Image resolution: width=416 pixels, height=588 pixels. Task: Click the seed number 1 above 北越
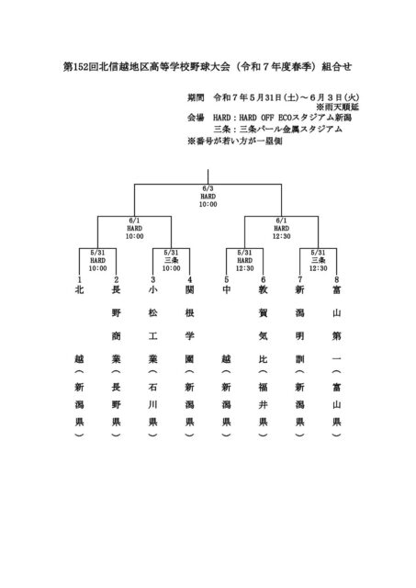click(79, 279)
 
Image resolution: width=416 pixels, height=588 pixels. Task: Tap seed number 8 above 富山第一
click(336, 279)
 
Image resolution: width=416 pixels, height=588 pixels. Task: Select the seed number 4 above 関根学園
click(190, 279)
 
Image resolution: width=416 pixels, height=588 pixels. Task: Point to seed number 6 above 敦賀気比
click(263, 279)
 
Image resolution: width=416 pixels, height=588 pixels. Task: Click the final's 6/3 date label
click(208, 188)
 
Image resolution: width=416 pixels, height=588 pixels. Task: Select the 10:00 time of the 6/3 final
click(208, 204)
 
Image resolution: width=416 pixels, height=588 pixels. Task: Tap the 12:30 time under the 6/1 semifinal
click(281, 236)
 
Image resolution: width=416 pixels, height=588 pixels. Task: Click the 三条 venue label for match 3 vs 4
click(172, 260)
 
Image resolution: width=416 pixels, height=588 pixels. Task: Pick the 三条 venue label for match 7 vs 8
click(318, 260)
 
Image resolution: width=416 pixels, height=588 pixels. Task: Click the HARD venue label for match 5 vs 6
click(244, 260)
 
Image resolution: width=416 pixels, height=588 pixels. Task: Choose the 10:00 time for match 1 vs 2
click(98, 268)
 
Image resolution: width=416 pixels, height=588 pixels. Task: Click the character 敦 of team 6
click(263, 290)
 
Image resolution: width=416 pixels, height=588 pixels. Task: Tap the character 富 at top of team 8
click(336, 290)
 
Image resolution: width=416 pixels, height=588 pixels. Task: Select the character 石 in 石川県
click(153, 387)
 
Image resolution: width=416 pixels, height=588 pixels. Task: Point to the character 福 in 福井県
click(263, 387)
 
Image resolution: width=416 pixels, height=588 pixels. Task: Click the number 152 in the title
click(80, 67)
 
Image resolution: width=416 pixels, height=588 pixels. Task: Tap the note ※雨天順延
click(338, 107)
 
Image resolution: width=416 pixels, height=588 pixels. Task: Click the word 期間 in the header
click(196, 98)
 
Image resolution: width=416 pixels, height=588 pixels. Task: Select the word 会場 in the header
click(196, 118)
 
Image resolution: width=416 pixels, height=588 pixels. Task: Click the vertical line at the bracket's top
click(208, 176)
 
